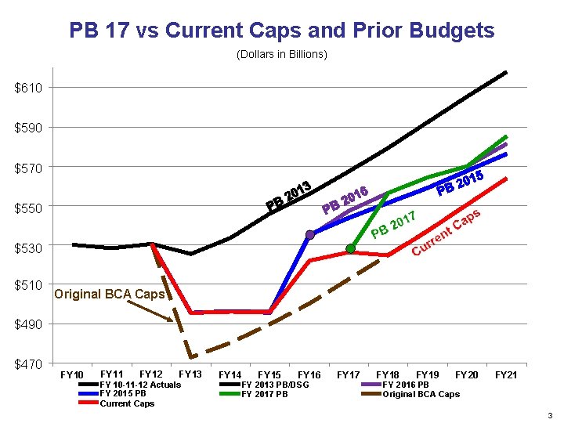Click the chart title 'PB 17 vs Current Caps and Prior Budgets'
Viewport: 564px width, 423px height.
[x=282, y=31]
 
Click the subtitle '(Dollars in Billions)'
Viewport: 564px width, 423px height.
[x=282, y=55]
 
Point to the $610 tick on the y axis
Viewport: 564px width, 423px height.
[x=28, y=88]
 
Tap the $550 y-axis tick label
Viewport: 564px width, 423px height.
[x=28, y=208]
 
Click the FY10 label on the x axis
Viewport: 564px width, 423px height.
[x=73, y=375]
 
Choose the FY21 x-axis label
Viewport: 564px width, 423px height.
[x=506, y=375]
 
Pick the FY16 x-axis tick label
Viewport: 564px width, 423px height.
[x=309, y=375]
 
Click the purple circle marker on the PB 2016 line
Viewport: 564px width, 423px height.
[x=310, y=234]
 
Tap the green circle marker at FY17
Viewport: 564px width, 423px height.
[x=351, y=248]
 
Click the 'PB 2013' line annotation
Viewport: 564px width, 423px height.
[x=289, y=197]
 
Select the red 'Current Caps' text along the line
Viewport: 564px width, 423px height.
[x=446, y=233]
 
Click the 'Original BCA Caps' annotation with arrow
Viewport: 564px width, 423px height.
[x=109, y=295]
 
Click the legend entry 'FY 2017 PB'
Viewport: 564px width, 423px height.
[x=265, y=394]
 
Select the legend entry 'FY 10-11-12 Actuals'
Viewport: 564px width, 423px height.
[x=139, y=385]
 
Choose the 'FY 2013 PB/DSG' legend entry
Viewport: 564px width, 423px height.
[x=275, y=385]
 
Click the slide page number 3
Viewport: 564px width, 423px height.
[x=551, y=414]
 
